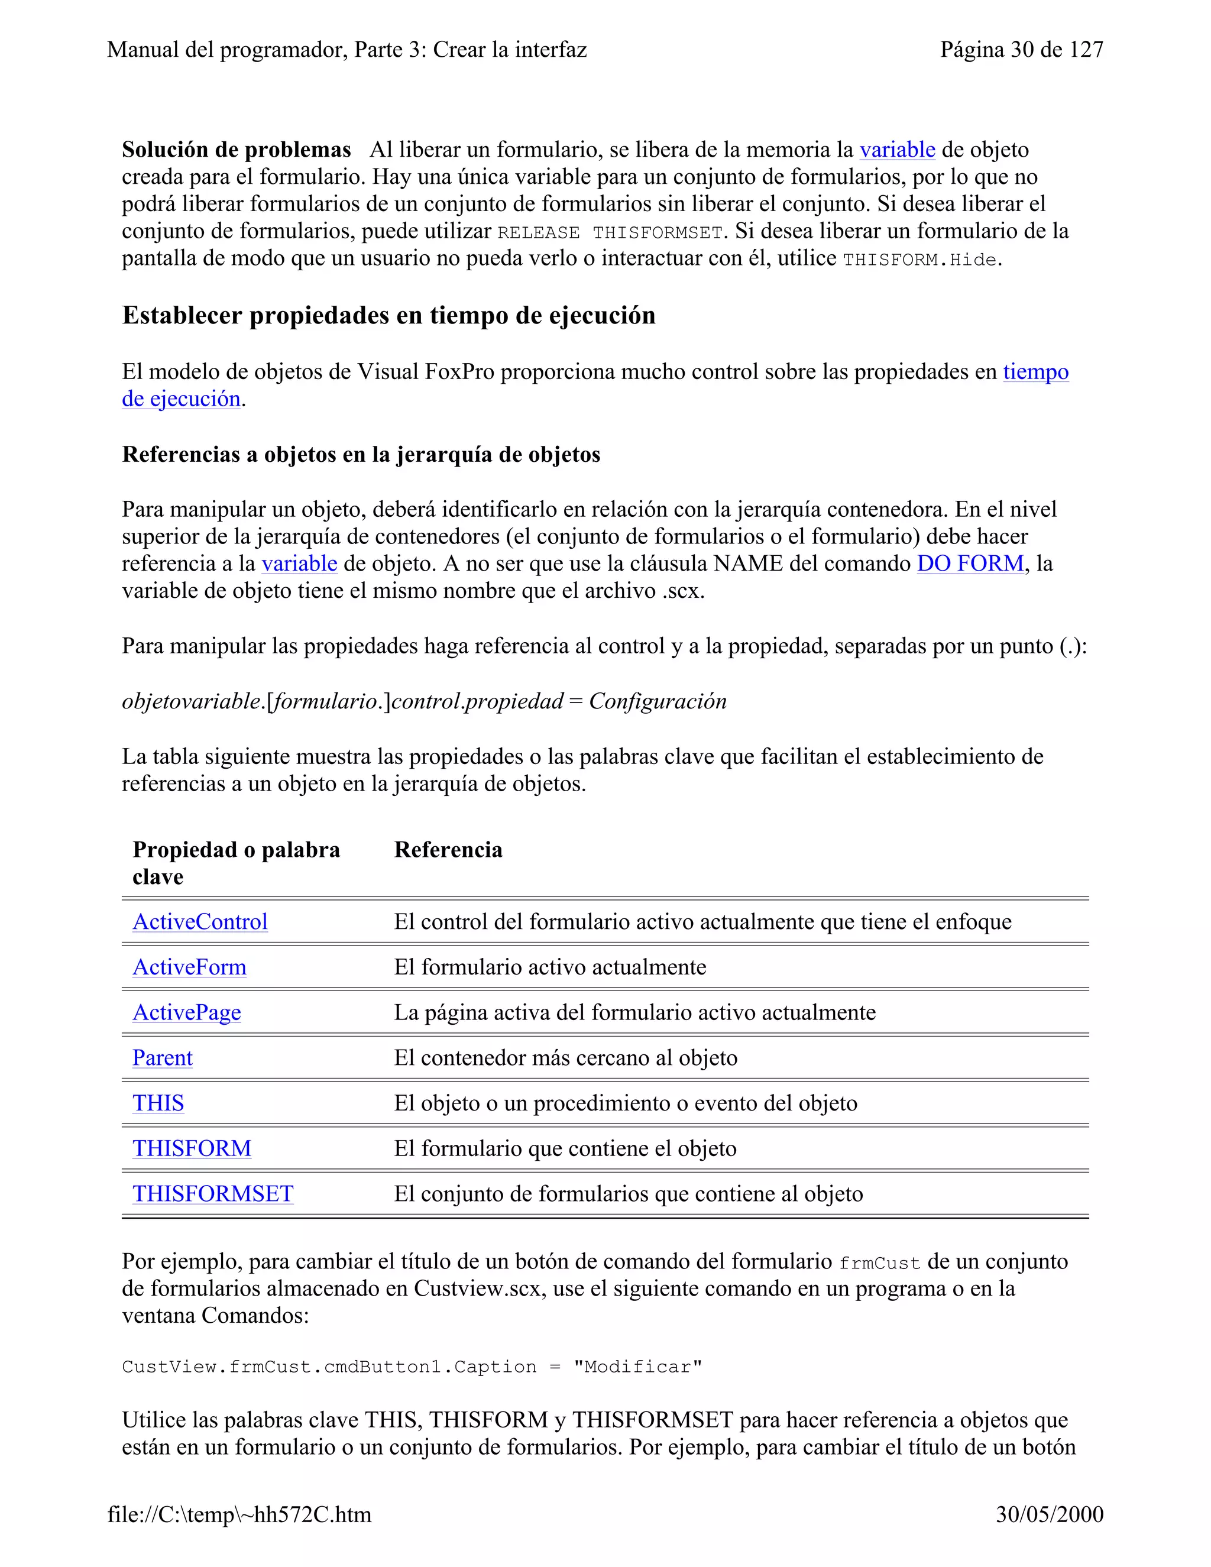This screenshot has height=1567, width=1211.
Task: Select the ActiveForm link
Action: (189, 967)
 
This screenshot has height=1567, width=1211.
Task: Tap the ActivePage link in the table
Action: (186, 1012)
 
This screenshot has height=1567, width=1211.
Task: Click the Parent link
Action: (162, 1058)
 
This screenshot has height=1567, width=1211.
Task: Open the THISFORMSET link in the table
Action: (213, 1193)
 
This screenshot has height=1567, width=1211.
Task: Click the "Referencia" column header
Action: (448, 850)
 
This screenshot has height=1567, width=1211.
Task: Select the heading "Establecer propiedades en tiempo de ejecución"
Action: (388, 315)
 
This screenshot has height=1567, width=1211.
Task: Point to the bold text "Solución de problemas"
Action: (236, 150)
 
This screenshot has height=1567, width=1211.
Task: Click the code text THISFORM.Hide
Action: (919, 260)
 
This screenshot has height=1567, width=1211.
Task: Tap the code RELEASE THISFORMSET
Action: (610, 232)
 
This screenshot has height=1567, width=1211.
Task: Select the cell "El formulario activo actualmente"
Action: (549, 967)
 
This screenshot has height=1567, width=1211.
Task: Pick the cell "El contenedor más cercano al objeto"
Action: (565, 1058)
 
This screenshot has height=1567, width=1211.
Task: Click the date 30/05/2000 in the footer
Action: (1049, 1514)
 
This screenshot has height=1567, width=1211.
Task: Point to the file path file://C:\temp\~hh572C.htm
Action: (239, 1514)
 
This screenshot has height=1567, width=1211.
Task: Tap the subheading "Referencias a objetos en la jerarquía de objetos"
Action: (361, 454)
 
